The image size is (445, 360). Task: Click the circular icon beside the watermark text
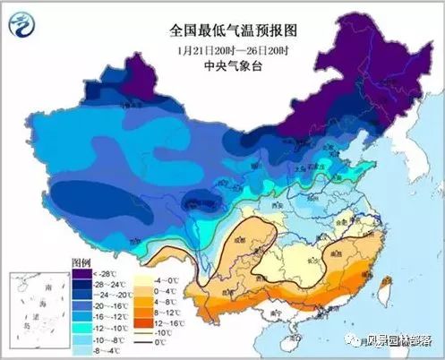[348, 339]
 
